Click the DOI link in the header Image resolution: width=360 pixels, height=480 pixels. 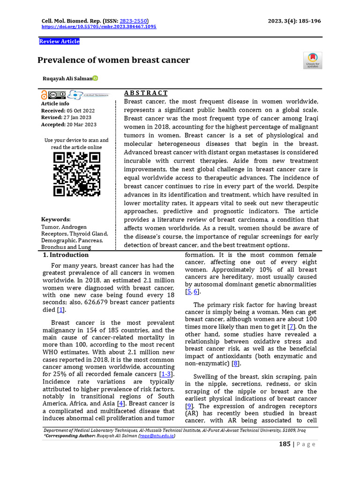tap(99, 27)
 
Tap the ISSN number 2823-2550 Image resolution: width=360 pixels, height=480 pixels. tap(133, 21)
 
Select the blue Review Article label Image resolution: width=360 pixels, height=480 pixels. tap(59, 41)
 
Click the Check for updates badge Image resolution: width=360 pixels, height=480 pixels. tap(313, 60)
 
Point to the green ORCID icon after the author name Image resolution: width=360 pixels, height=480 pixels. tap(95, 78)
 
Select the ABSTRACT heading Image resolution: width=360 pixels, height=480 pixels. tap(146, 93)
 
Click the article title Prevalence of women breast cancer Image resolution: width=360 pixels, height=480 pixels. tap(113, 60)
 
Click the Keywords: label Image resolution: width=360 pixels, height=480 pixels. tap(56, 219)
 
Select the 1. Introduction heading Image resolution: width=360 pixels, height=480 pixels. tap(66, 255)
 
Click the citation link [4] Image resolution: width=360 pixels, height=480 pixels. tap(120, 403)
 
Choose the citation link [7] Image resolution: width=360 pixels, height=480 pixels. tap(292, 327)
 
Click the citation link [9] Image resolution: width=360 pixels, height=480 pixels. tap(189, 405)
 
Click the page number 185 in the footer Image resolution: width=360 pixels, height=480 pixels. tap(285, 444)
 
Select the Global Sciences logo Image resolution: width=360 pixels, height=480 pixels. tap(89, 95)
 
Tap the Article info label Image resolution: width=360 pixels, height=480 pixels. tap(55, 104)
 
